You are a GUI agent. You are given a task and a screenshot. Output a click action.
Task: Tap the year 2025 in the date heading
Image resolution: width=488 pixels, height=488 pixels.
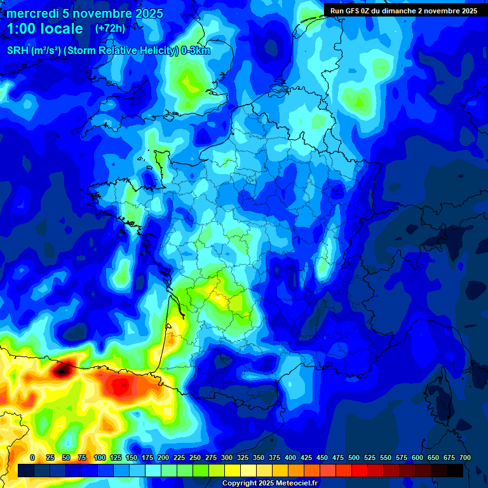coord(146,13)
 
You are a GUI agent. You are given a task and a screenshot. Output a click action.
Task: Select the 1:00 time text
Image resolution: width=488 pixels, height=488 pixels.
coord(24,29)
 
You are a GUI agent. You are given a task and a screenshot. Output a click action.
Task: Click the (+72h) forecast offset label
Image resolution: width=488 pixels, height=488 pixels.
coord(110,29)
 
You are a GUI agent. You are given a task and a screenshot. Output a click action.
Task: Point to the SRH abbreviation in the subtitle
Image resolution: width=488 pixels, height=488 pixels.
coord(17,51)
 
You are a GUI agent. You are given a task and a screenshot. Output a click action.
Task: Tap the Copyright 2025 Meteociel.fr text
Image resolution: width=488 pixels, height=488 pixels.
coord(269,484)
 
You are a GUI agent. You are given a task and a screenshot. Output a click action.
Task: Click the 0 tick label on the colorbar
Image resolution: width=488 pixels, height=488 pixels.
coord(32,458)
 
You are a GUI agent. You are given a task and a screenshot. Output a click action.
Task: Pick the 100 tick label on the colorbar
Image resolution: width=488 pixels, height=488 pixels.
coord(100,458)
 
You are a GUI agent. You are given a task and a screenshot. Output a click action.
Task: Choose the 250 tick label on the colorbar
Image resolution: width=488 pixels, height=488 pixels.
coord(195,458)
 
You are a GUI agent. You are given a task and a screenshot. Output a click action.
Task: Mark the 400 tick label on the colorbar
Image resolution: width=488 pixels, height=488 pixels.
coord(290,458)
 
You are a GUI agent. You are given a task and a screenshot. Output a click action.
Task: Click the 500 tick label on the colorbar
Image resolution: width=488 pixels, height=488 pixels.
coord(354,458)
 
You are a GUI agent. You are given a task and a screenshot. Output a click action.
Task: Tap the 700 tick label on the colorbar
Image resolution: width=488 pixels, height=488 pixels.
coord(464,458)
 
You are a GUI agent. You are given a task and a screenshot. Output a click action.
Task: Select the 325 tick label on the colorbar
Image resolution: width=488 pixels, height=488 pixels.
coord(243,458)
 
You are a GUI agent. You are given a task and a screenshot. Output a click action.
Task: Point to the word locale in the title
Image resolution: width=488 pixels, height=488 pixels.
coord(65,29)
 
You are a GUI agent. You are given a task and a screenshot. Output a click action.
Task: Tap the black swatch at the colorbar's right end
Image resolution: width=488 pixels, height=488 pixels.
coord(455,470)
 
